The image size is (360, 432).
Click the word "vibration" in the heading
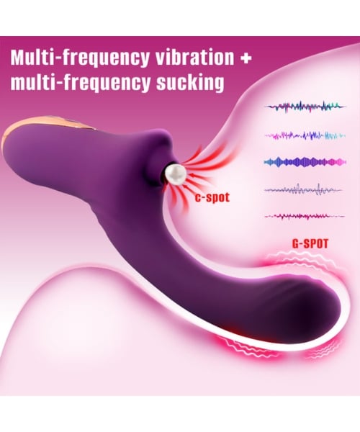click(194, 58)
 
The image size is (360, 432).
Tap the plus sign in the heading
click(246, 58)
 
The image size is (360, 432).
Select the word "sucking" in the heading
click(190, 82)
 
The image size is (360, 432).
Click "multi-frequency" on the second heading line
click(81, 84)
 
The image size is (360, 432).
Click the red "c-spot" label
click(212, 197)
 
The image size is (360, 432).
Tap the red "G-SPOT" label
click(310, 243)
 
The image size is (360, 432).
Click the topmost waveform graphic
click(305, 107)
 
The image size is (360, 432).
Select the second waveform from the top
click(305, 135)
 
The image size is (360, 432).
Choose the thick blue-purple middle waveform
click(305, 162)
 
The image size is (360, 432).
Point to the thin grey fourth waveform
click(303, 190)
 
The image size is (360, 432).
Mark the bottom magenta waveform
click(305, 216)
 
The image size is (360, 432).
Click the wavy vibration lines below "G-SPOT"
click(302, 259)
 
